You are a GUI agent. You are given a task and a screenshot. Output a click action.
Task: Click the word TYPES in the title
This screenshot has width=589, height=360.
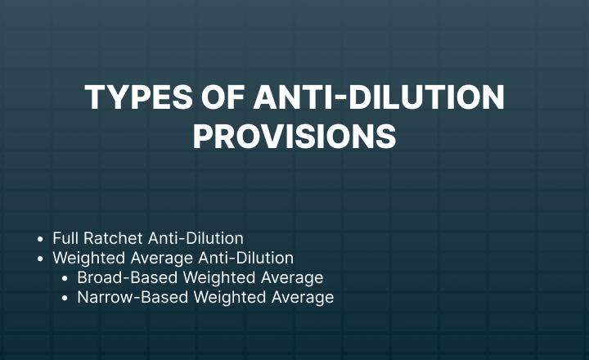point(138,97)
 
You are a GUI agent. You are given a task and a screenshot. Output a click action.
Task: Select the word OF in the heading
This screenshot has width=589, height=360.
point(223,97)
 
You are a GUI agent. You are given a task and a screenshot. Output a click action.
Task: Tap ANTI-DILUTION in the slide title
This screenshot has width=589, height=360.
point(379,97)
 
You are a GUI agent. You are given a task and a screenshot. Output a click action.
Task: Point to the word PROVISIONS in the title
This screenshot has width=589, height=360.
point(294,137)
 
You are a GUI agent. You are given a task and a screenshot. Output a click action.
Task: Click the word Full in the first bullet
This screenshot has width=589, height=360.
point(65,238)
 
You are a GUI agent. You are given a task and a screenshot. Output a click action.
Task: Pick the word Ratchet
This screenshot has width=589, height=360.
point(113,238)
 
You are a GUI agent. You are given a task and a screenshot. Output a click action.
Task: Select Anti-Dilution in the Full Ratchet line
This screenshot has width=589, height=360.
point(196,238)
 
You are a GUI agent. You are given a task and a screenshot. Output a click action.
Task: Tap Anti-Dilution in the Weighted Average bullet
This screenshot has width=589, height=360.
point(246,258)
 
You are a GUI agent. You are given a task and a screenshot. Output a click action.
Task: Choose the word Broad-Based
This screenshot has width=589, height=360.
point(128,277)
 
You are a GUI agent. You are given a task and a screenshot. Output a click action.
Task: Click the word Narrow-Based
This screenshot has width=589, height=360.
point(133,297)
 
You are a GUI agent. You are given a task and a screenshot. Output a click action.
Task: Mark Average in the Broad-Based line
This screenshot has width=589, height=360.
point(292,277)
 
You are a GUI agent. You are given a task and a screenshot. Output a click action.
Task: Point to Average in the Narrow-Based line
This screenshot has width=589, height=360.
point(303,297)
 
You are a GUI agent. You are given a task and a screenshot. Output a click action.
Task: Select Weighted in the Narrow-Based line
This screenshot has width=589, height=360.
point(230,297)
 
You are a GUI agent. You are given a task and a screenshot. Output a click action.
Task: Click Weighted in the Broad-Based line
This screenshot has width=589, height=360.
point(219,277)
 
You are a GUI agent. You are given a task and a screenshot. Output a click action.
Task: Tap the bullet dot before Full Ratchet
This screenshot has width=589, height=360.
point(41,239)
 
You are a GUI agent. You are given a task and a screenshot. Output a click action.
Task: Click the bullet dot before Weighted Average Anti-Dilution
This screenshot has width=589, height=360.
point(41,259)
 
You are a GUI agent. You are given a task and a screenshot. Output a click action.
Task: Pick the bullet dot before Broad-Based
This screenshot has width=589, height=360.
point(65,278)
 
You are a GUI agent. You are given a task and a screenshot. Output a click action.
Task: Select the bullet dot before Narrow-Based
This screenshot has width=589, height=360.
point(65,298)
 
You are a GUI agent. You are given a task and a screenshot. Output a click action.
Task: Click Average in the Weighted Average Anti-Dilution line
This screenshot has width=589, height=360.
point(162,259)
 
